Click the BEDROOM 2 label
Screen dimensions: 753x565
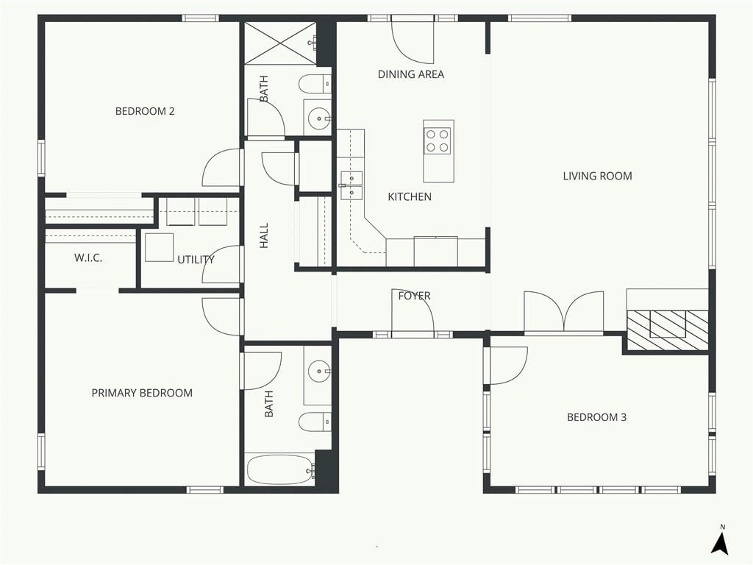(145, 112)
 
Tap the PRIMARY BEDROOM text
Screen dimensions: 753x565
(142, 393)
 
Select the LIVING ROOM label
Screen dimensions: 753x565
(597, 176)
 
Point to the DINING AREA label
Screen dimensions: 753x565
(410, 74)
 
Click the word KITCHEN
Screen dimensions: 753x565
(410, 196)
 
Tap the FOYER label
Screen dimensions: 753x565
(415, 296)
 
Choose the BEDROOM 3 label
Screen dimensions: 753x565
(596, 417)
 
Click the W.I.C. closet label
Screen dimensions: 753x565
(88, 258)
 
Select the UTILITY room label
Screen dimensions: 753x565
(196, 260)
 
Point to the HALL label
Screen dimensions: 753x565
(264, 235)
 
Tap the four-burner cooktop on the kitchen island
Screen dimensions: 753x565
(437, 141)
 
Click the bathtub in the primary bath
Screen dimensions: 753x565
(279, 469)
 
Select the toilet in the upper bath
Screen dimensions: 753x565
(315, 85)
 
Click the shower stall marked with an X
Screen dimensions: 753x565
(280, 43)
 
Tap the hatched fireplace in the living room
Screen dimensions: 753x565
(668, 330)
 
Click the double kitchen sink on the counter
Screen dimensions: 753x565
(351, 185)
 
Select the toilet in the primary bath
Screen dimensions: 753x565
(315, 422)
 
